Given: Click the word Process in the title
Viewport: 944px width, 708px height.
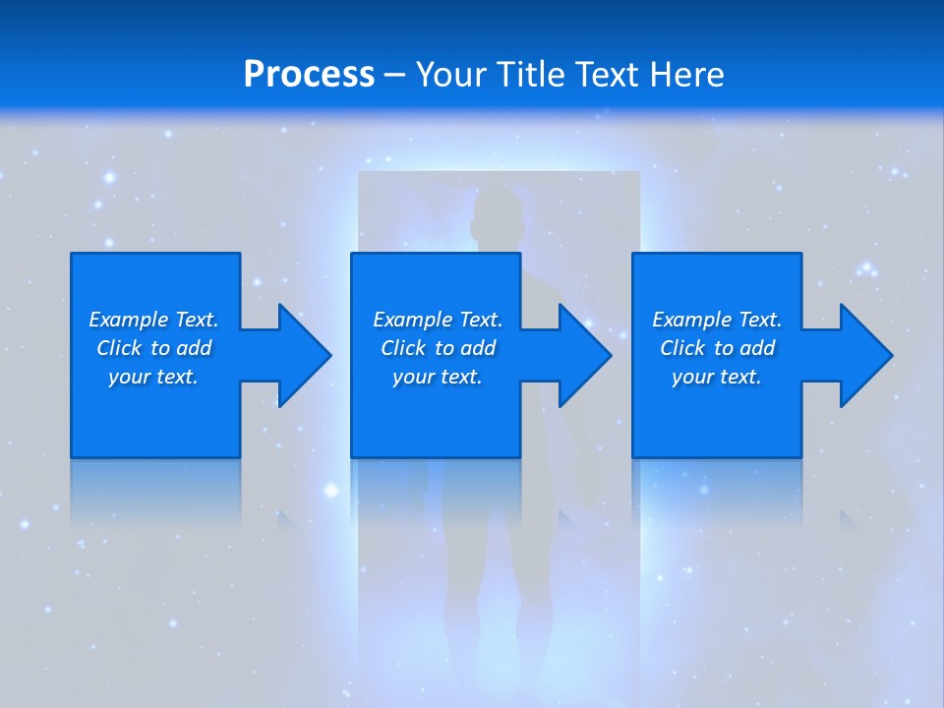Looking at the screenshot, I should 309,75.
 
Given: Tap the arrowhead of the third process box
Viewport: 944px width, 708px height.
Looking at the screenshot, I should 864,356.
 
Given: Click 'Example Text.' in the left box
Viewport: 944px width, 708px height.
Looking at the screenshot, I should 153,320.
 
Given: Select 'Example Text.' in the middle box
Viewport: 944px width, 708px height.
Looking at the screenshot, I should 438,320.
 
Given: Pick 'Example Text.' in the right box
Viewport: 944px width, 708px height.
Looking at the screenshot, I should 717,320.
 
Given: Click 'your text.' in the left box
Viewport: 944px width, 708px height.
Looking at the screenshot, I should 153,377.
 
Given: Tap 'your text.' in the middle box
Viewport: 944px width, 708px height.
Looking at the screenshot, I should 438,377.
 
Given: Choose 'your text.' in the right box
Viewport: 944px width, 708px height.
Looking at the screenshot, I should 717,377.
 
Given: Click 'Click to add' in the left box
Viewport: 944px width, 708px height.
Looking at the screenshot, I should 153,348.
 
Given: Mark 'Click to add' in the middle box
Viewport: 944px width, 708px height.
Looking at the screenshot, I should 438,348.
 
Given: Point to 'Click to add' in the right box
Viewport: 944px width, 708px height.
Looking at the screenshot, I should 717,348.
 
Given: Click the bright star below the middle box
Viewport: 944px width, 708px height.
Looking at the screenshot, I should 331,490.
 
